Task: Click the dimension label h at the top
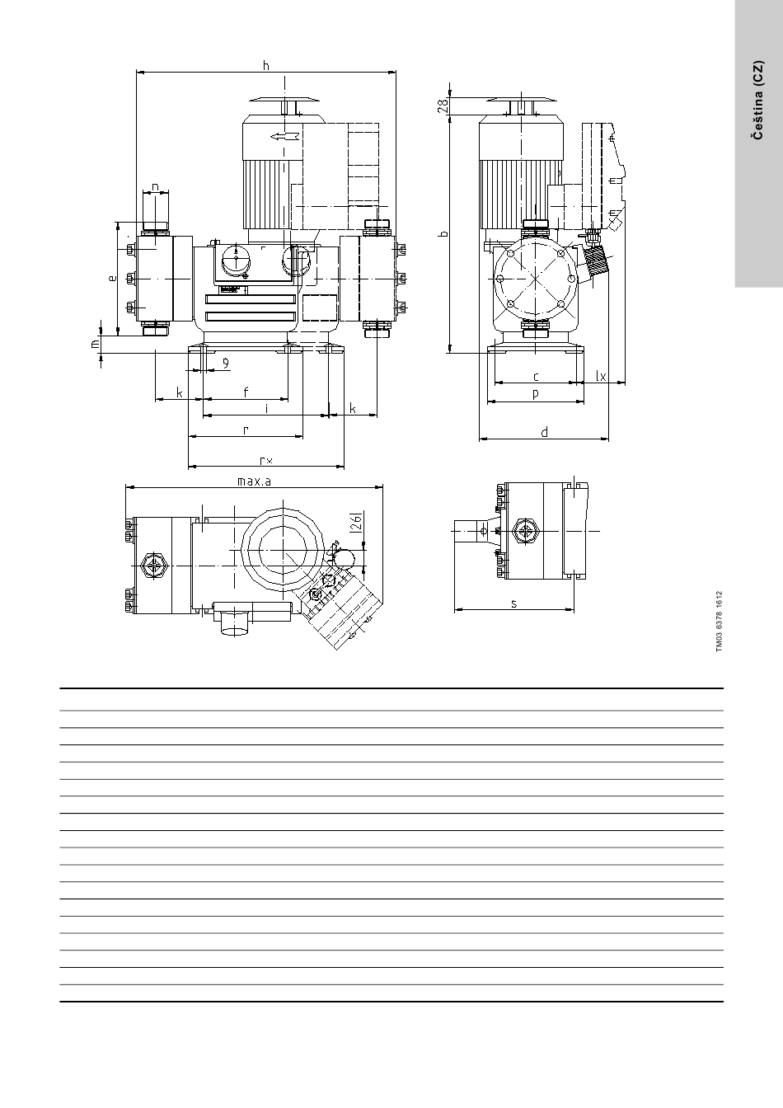click(266, 65)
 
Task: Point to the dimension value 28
click(443, 105)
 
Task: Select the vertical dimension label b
click(443, 233)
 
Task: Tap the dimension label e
click(113, 278)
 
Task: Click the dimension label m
click(96, 342)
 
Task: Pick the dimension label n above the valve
click(155, 187)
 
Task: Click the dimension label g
click(226, 364)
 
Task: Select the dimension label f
click(246, 392)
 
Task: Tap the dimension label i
click(266, 409)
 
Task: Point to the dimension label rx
click(266, 461)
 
